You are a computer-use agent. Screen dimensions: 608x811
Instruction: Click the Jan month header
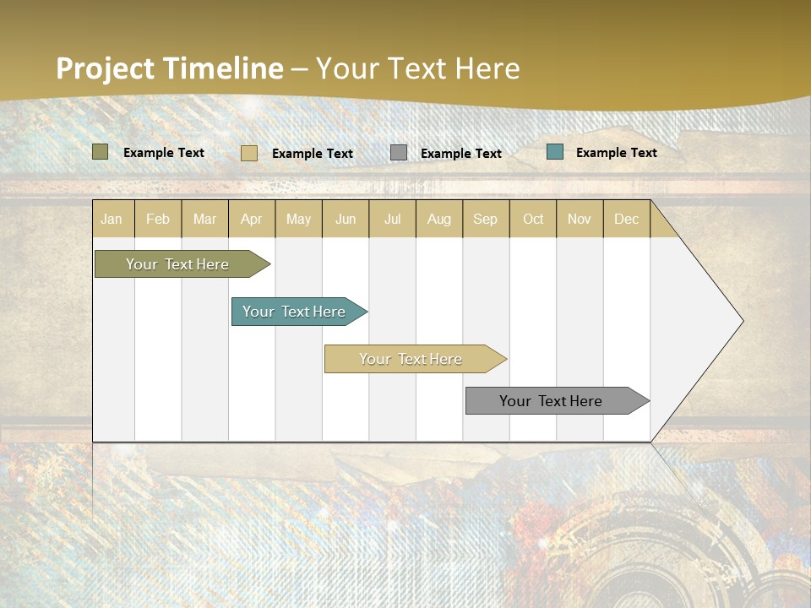click(112, 220)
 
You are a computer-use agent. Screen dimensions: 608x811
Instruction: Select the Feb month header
click(158, 220)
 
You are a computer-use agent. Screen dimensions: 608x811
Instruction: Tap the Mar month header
click(204, 220)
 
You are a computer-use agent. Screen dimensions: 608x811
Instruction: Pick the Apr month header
click(252, 220)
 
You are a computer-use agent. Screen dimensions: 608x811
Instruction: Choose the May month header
click(298, 220)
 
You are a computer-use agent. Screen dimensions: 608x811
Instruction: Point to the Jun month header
click(346, 220)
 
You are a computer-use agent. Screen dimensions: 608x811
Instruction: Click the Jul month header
click(392, 220)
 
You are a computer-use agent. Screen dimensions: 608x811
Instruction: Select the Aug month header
click(439, 220)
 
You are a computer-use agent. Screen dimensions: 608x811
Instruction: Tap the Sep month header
click(486, 220)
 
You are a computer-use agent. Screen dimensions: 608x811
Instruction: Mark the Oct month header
click(533, 220)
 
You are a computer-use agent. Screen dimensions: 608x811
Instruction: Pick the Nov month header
click(580, 220)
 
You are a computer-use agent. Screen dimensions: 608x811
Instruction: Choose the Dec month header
click(627, 220)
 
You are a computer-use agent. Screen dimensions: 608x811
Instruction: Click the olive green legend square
click(101, 152)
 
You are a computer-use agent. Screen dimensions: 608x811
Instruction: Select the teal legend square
click(555, 152)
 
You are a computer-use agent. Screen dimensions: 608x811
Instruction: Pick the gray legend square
click(399, 153)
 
